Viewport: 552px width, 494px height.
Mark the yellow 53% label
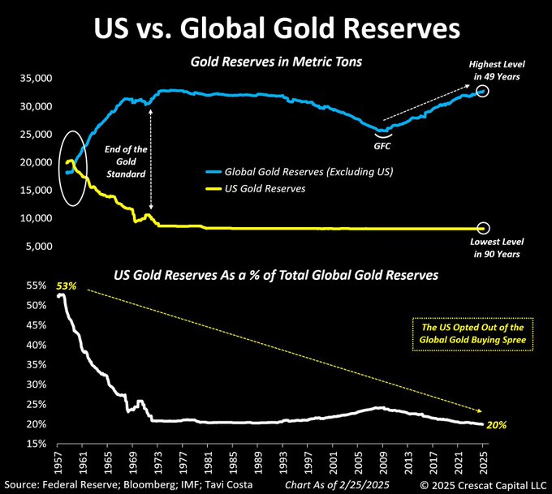pyautogui.click(x=66, y=286)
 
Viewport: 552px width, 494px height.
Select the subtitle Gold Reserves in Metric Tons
pyautogui.click(x=276, y=62)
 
